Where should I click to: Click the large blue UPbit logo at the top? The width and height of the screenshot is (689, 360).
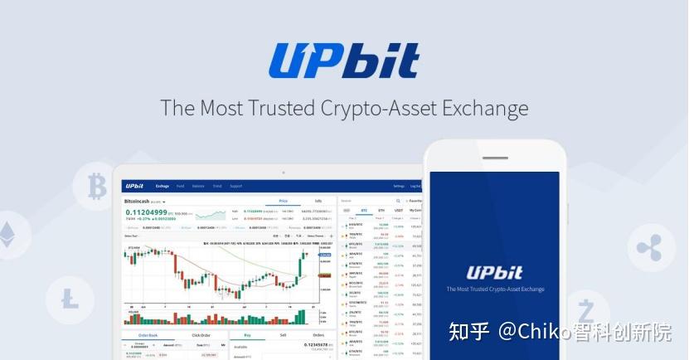343,61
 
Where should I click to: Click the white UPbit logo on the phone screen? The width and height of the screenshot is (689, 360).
494,273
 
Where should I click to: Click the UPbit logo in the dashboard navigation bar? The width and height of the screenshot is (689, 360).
134,186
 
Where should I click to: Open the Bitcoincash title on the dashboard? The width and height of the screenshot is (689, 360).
142,201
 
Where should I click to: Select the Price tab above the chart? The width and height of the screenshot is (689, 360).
283,201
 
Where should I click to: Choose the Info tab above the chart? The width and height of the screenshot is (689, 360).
318,201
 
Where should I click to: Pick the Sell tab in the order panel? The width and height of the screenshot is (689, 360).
283,334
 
